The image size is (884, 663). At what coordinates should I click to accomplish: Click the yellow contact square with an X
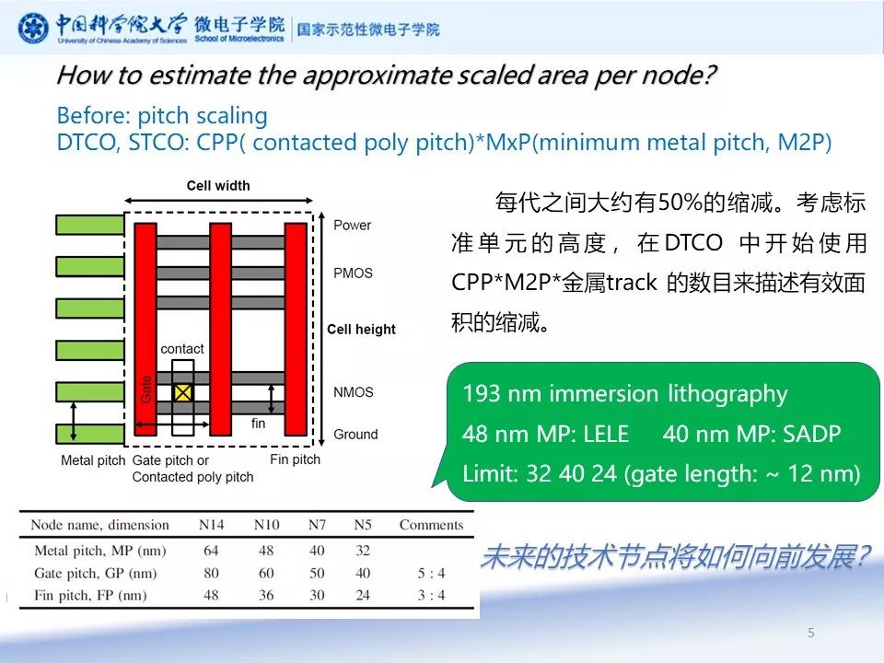(183, 392)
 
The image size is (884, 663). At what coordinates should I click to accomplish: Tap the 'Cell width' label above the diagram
(218, 186)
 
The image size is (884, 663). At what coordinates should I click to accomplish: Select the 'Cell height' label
(361, 329)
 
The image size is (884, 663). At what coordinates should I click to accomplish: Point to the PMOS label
(353, 273)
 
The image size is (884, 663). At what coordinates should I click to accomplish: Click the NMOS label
(353, 392)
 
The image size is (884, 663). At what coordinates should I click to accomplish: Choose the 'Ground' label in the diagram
(355, 435)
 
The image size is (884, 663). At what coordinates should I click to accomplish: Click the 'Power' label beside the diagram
(352, 225)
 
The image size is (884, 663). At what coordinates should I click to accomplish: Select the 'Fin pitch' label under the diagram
(295, 459)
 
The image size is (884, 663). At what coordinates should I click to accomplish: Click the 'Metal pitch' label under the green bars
(92, 459)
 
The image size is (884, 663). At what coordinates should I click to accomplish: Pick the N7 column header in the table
(316, 525)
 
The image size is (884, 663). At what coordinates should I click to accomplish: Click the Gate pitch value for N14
(212, 573)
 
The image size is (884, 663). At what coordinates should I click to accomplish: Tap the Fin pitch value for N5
(362, 595)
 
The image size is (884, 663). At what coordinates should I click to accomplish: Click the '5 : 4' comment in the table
(430, 573)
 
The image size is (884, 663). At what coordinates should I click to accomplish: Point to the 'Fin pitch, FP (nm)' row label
(91, 595)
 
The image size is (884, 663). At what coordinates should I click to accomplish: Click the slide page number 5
(810, 633)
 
